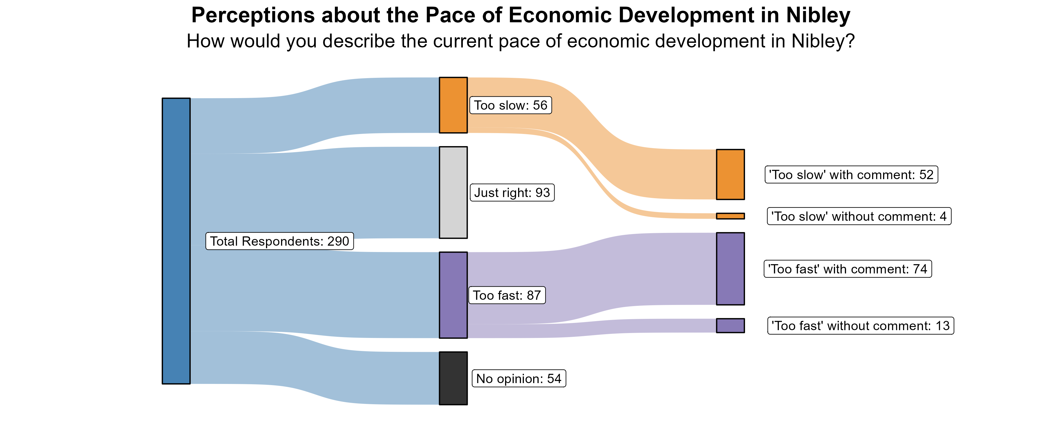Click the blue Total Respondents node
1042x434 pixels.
[176, 241]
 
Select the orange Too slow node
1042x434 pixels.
[453, 105]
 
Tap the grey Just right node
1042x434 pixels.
[453, 192]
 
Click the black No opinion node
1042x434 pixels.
[453, 378]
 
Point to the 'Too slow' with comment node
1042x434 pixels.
[730, 174]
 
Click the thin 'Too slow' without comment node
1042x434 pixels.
[730, 216]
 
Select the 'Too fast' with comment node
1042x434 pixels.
[730, 269]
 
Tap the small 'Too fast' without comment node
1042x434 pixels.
[730, 325]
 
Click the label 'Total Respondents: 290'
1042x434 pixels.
[280, 241]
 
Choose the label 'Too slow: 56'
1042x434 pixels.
[511, 105]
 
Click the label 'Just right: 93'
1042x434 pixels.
[512, 192]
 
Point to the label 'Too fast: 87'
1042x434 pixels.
[507, 295]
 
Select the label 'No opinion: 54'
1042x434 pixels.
[519, 378]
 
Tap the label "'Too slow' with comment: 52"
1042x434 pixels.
[851, 175]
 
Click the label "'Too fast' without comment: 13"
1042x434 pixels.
[861, 325]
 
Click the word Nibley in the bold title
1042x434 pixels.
[818, 15]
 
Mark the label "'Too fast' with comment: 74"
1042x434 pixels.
[847, 269]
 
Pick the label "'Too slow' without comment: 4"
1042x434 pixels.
[859, 216]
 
